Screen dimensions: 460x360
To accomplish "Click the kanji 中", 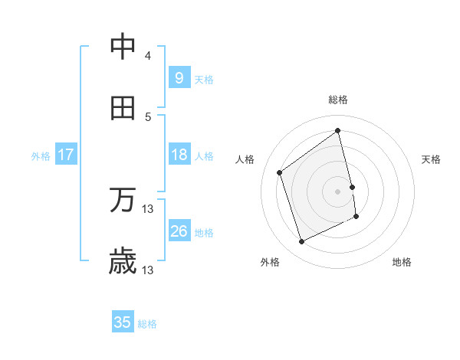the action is point(123,47).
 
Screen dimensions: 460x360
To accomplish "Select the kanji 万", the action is point(123,201).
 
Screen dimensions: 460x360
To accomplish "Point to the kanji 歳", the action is point(123,262).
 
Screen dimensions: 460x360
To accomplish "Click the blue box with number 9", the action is point(179,78).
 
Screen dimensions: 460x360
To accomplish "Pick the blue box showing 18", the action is point(179,155).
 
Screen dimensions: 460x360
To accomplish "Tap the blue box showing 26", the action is point(179,231).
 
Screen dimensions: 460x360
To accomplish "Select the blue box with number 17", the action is point(65,155).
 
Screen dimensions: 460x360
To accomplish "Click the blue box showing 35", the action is point(123,322).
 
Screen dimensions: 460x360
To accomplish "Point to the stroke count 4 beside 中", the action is point(148,56).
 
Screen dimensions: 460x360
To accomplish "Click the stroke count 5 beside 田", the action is point(148,117).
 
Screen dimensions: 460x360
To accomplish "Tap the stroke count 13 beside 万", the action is point(148,209).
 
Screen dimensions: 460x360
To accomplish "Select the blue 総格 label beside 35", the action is point(147,324).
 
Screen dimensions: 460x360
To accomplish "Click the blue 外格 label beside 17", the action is point(41,156).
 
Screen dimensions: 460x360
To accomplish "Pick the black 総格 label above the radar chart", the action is point(338,100).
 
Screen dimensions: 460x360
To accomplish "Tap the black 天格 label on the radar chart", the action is point(432,159).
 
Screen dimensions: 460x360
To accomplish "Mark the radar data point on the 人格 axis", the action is point(280,172).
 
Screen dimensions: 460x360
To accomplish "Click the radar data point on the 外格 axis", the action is point(301,242).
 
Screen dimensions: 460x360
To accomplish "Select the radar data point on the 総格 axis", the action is point(338,131).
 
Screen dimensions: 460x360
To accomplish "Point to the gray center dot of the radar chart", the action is point(338,191).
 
